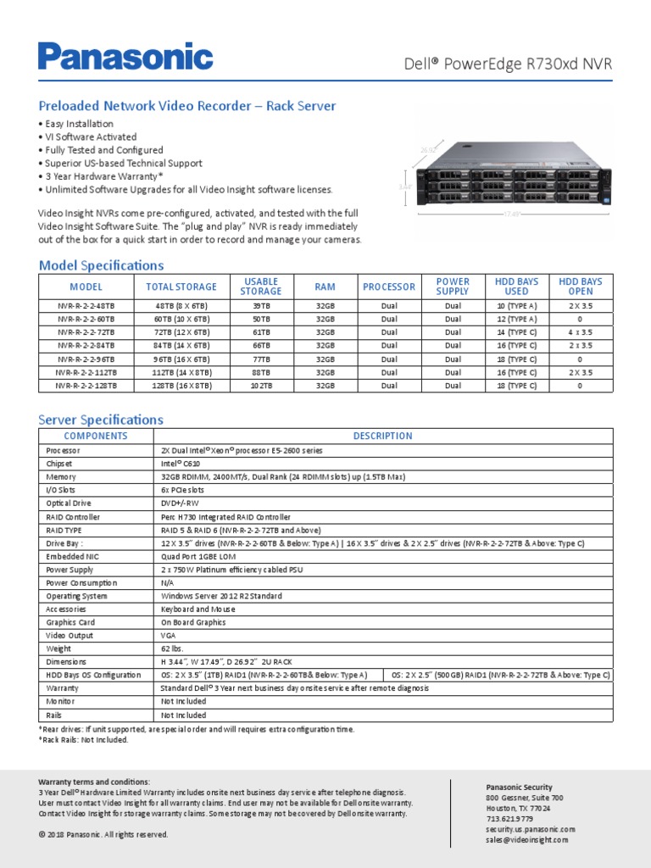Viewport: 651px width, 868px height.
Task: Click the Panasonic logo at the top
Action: pyautogui.click(x=125, y=57)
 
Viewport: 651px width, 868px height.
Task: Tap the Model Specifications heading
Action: pyautogui.click(x=102, y=265)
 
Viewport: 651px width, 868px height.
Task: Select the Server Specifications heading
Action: pyautogui.click(x=101, y=420)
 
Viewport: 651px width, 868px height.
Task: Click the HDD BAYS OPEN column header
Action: pyautogui.click(x=580, y=287)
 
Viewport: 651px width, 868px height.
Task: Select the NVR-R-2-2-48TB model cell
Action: pyautogui.click(x=86, y=305)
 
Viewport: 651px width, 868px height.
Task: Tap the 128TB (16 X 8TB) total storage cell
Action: pyautogui.click(x=181, y=386)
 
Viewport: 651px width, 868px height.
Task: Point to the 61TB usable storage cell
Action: pyautogui.click(x=261, y=332)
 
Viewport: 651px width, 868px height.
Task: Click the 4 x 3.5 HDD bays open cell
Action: pyautogui.click(x=580, y=332)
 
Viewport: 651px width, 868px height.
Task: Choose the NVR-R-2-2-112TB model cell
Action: pyautogui.click(x=86, y=372)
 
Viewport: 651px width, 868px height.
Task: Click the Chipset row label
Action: pyautogui.click(x=59, y=464)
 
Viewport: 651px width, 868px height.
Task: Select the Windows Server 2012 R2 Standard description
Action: pyautogui.click(x=221, y=596)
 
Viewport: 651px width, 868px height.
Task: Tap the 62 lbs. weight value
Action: pyautogui.click(x=174, y=648)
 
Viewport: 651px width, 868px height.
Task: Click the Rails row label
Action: pyautogui.click(x=55, y=715)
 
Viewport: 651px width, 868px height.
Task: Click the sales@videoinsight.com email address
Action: pyautogui.click(x=527, y=839)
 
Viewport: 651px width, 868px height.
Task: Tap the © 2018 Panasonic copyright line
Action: pyautogui.click(x=103, y=834)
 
